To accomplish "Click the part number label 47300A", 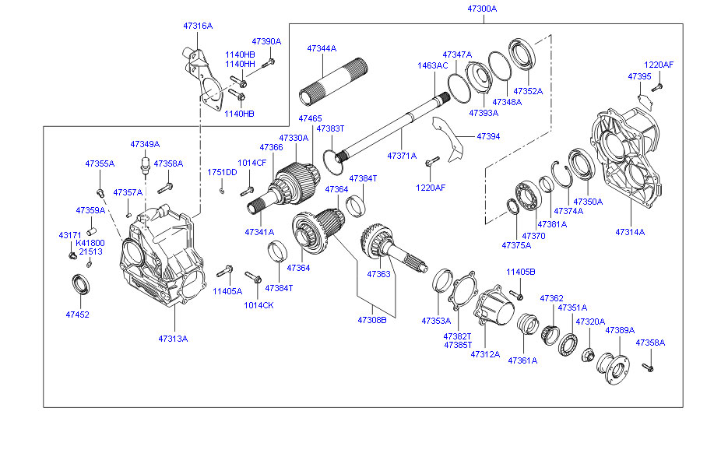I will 482,9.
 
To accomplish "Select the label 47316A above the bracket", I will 198,26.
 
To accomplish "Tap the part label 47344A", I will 321,48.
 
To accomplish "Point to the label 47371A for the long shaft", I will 403,156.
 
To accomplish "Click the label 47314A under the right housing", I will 630,232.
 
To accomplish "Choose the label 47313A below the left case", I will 173,339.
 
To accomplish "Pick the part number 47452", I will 78,315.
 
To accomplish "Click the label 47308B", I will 372,320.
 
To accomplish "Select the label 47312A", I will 484,354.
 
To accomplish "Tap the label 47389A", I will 620,330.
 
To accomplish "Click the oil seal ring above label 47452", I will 81,284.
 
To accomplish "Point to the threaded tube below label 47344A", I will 327,88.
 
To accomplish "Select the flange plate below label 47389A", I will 612,367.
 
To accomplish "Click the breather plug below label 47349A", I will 144,165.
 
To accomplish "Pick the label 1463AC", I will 432,65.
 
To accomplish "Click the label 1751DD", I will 222,172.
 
